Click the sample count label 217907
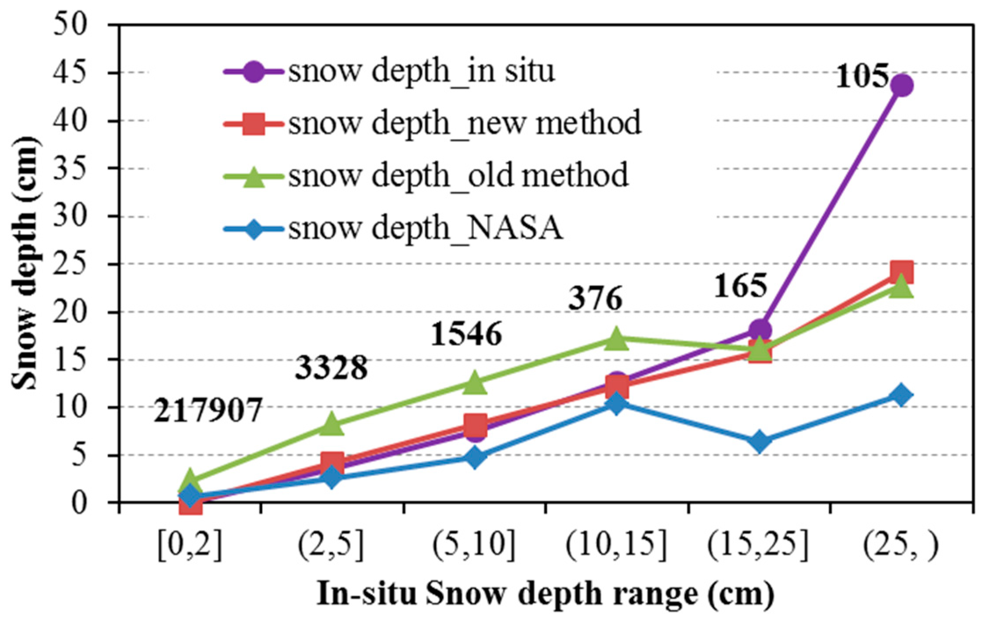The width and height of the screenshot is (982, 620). click(x=207, y=410)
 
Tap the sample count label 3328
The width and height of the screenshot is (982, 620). click(x=331, y=367)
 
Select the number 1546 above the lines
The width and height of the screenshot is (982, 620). click(x=466, y=334)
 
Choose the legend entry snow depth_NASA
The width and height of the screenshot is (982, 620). click(x=393, y=229)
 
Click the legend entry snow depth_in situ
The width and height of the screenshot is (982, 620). click(x=389, y=72)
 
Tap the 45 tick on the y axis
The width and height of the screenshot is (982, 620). click(x=70, y=73)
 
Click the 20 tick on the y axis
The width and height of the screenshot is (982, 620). click(x=70, y=312)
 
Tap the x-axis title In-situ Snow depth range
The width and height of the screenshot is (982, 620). click(x=545, y=594)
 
